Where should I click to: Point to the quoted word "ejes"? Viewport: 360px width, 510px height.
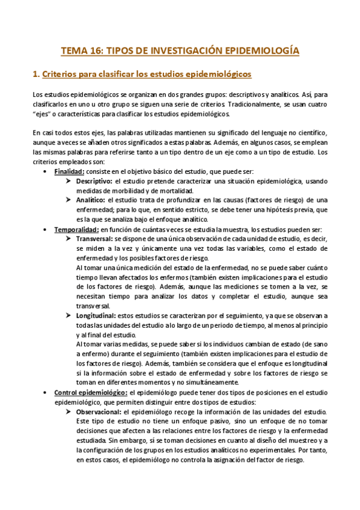tap(43, 114)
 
